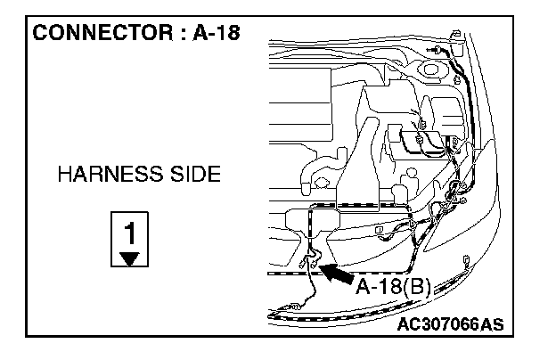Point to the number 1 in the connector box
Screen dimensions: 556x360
[130, 233]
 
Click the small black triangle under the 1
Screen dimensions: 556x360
[130, 258]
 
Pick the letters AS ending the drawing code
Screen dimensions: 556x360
[491, 324]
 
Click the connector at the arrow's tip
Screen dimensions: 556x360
[311, 260]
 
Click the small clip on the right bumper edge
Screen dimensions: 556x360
[468, 261]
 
